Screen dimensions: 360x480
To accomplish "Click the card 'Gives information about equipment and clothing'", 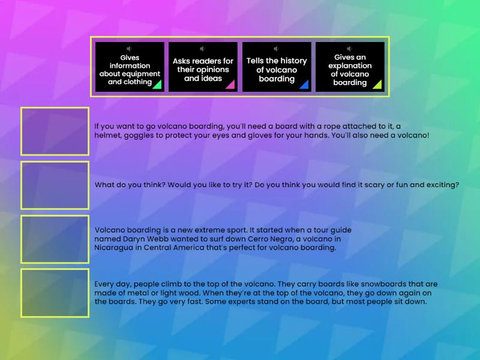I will [x=130, y=67].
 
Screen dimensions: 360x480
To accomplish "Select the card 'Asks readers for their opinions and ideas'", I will [x=203, y=67].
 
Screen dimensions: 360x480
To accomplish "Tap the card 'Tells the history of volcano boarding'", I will [x=277, y=67].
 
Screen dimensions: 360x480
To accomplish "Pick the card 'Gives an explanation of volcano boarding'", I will [x=350, y=67].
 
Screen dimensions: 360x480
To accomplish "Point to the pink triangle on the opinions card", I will [x=230, y=85].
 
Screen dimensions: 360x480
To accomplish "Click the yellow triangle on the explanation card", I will [x=377, y=85].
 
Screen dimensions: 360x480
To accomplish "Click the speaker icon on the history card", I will [x=276, y=49].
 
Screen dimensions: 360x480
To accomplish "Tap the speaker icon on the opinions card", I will [x=202, y=49].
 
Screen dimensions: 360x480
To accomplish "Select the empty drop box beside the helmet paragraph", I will [x=55, y=131].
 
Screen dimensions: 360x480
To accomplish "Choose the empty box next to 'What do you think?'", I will [x=55, y=185].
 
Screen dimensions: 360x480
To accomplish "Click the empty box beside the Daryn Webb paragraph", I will [x=55, y=239].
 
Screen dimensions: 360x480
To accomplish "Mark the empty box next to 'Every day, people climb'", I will [x=55, y=293].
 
